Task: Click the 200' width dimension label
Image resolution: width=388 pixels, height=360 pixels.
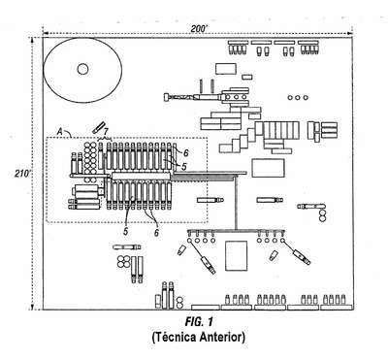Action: pyautogui.click(x=199, y=29)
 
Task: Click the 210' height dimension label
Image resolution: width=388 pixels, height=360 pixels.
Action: pyautogui.click(x=22, y=173)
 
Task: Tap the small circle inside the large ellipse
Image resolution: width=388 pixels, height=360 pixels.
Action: pyautogui.click(x=82, y=69)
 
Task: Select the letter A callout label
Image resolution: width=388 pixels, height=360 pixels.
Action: pyautogui.click(x=59, y=131)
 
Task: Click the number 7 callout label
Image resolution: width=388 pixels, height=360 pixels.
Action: pyautogui.click(x=106, y=132)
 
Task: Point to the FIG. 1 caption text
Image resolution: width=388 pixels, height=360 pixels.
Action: pyautogui.click(x=199, y=322)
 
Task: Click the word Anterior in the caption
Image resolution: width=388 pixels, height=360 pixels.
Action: pyautogui.click(x=222, y=337)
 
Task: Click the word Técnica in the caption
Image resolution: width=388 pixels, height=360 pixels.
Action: pyautogui.click(x=174, y=337)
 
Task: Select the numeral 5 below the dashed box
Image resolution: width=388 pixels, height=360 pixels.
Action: pyautogui.click(x=126, y=231)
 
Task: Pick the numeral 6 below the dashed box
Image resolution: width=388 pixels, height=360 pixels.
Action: pyautogui.click(x=156, y=232)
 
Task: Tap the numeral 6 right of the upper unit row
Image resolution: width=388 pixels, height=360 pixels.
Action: pyautogui.click(x=185, y=152)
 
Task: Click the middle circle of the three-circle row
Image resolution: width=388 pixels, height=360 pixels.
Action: pyautogui.click(x=298, y=97)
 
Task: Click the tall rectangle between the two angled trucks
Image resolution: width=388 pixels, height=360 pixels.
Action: pyautogui.click(x=237, y=255)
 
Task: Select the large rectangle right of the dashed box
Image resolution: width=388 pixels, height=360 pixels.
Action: pyautogui.click(x=268, y=168)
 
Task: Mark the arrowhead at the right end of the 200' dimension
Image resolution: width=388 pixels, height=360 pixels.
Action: pyautogui.click(x=350, y=33)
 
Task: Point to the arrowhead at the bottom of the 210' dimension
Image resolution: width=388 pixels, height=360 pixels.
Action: pyautogui.click(x=32, y=307)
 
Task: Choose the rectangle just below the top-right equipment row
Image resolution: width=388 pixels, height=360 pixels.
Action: pyautogui.click(x=226, y=68)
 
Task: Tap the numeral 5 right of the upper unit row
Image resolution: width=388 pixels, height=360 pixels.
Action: pyautogui.click(x=183, y=166)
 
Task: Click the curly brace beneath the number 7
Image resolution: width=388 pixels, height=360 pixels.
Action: pyautogui.click(x=105, y=139)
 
